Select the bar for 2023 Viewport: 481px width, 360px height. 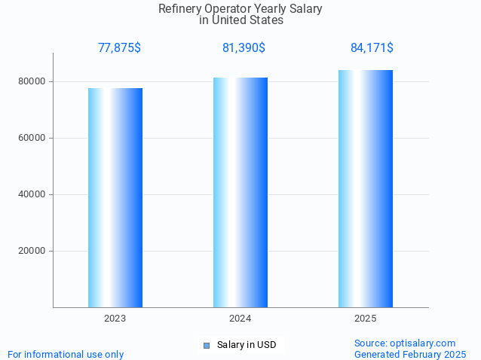115,197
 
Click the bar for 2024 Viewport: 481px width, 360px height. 240,192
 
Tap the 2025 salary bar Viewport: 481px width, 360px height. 366,188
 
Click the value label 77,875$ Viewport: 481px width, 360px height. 119,48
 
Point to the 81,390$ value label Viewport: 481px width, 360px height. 244,48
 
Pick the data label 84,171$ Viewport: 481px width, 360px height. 372,48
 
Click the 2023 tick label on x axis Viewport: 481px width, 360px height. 115,319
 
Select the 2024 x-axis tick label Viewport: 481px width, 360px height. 240,319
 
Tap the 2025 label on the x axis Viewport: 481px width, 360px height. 366,319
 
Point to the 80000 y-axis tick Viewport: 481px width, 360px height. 32,81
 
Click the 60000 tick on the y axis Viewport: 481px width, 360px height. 32,138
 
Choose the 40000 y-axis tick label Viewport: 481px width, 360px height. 32,194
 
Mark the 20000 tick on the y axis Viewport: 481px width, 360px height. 32,251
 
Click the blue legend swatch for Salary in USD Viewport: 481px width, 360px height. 206,345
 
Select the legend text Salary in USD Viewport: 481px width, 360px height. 247,345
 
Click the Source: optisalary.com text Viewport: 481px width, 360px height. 405,343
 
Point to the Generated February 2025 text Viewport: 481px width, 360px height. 410,354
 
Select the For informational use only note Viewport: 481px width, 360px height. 66,354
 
